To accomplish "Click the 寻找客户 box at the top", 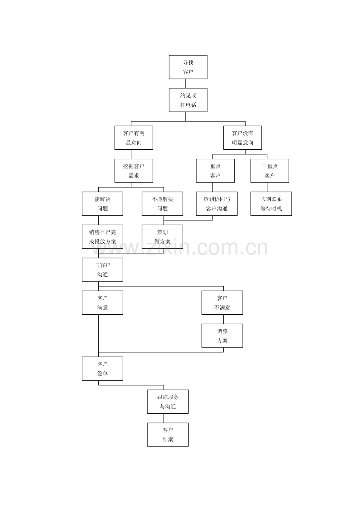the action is click(x=188, y=67).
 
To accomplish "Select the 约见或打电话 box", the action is click(x=188, y=100).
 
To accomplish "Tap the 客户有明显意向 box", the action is click(x=134, y=138).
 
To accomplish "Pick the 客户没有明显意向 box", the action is click(x=243, y=138).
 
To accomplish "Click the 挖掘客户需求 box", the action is click(x=134, y=171).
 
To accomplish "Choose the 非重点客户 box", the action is click(x=270, y=171).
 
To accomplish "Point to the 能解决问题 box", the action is click(x=103, y=204).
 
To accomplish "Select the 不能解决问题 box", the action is click(x=162, y=204).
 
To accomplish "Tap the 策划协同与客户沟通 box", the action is click(x=217, y=204).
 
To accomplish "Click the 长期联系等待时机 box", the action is click(x=271, y=204).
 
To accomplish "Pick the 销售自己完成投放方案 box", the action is click(x=103, y=237).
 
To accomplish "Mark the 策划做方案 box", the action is click(x=162, y=237).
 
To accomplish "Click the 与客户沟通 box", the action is click(x=103, y=270).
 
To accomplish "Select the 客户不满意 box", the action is click(x=222, y=303).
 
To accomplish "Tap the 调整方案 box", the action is click(x=222, y=336).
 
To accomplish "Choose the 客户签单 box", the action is click(x=103, y=369).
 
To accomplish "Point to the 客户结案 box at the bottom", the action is click(x=168, y=435).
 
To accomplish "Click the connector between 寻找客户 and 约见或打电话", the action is click(x=185, y=84).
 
